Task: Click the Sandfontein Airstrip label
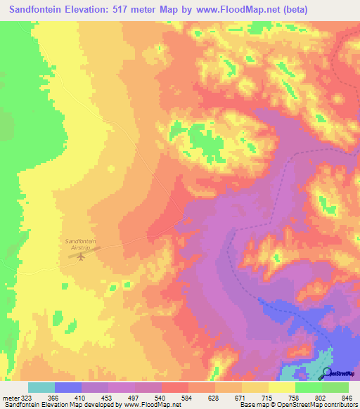tap(80, 243)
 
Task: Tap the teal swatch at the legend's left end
tap(41, 387)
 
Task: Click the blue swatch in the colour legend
tap(68, 387)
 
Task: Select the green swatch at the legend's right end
tap(335, 387)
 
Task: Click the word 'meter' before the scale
tap(10, 397)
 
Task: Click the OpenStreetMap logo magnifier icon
tap(327, 373)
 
